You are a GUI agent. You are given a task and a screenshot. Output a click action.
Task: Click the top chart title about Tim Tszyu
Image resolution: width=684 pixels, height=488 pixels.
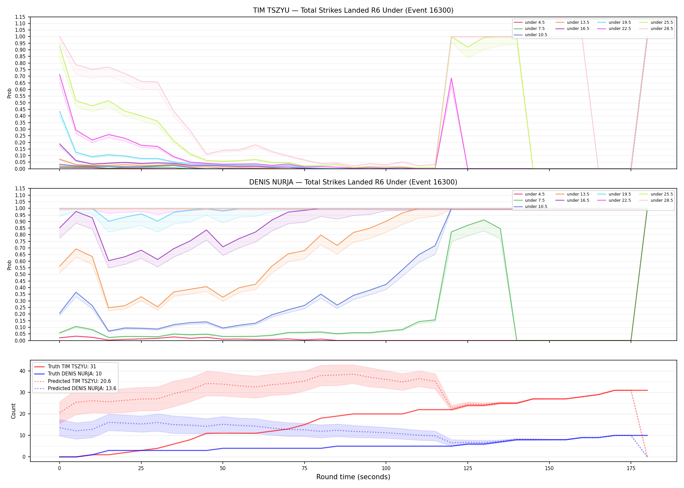pos(353,10)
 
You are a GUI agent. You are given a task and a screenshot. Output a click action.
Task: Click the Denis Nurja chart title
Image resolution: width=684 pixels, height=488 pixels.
pos(353,182)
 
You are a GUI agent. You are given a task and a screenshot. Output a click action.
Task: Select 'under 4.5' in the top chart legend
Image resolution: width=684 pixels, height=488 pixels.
pos(534,22)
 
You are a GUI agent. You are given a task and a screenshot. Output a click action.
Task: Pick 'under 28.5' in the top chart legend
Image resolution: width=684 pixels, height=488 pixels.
pos(662,29)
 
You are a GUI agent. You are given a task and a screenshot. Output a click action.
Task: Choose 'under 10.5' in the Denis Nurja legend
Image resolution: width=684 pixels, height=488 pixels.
pos(536,207)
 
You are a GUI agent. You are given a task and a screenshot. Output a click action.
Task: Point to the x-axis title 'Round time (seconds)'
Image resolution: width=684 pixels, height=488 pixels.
pos(353,477)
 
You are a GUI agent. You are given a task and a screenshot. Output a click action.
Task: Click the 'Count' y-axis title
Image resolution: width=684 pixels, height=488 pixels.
pos(13,411)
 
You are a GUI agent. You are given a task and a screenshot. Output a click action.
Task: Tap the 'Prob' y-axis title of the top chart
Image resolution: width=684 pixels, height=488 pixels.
pos(9,93)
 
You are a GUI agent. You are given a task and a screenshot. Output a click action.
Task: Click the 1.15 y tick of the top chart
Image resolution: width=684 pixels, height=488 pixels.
pos(20,17)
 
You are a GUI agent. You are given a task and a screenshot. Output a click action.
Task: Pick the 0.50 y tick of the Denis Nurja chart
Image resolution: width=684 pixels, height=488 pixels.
pos(20,274)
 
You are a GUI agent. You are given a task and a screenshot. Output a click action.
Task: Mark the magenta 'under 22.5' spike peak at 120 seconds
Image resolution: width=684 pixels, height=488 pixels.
pos(451,78)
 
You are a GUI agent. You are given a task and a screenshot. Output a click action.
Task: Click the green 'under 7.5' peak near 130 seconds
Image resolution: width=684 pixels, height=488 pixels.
pos(484,220)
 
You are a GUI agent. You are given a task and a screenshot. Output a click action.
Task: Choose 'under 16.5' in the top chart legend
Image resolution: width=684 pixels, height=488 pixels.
pos(578,29)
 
